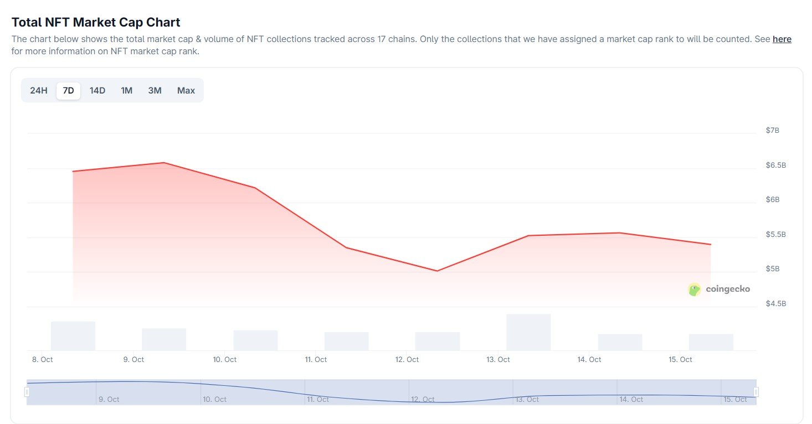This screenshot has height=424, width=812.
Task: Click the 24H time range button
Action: [x=39, y=90]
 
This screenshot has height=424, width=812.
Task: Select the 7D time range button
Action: [x=68, y=90]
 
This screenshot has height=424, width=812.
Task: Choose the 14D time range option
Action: [x=97, y=90]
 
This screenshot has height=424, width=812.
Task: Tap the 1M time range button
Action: [x=127, y=90]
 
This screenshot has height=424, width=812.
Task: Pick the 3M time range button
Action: [x=155, y=90]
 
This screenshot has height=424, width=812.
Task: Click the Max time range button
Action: [x=186, y=90]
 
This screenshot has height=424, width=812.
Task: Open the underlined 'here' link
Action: [x=782, y=39]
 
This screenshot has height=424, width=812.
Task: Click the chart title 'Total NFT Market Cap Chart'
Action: [x=96, y=22]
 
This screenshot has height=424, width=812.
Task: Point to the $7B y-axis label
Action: [x=772, y=131]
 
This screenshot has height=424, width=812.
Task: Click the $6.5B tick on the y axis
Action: [x=775, y=166]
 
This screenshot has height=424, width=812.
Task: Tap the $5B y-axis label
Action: [x=772, y=269]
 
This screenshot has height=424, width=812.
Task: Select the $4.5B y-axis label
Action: [x=775, y=304]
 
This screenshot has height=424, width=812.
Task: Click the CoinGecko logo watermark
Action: [x=719, y=289]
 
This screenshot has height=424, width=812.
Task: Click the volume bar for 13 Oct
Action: [x=528, y=332]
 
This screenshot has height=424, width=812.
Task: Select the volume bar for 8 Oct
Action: [x=73, y=335]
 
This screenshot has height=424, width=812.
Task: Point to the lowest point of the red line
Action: [x=437, y=271]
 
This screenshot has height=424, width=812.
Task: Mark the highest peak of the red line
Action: [x=164, y=163]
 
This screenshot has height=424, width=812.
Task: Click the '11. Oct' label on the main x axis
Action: [x=316, y=360]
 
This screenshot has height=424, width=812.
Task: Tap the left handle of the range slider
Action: [x=27, y=392]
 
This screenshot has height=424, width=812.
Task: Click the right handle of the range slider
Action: [x=756, y=392]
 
